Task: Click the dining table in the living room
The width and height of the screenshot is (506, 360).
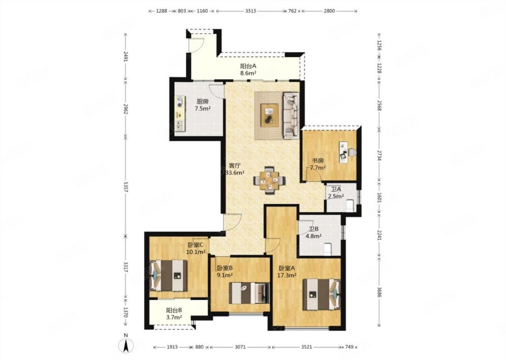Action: [270, 180]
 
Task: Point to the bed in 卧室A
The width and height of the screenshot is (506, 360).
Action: [322, 294]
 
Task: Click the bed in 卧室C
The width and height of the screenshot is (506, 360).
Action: [169, 275]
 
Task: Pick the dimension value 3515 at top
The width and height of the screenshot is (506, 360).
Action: [251, 11]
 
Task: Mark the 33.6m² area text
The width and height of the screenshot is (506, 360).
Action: [235, 172]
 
